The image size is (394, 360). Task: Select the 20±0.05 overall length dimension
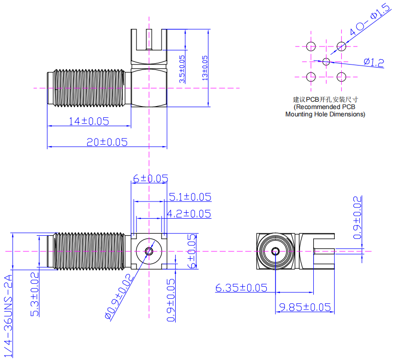click(107, 142)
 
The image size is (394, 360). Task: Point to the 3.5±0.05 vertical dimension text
click(182, 68)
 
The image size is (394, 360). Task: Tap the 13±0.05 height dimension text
click(205, 67)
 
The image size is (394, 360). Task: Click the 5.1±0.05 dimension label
click(190, 197)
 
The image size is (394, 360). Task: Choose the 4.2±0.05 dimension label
click(189, 214)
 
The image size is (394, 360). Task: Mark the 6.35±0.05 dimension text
click(241, 288)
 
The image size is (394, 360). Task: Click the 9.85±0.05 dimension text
click(304, 307)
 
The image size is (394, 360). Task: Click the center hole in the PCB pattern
click(326, 61)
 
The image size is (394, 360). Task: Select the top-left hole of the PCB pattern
click(311, 46)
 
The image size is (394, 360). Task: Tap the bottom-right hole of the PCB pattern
click(342, 77)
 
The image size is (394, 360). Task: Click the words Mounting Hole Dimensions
click(325, 114)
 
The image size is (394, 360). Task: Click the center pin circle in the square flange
click(149, 251)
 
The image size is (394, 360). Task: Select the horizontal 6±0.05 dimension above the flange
click(150, 179)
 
